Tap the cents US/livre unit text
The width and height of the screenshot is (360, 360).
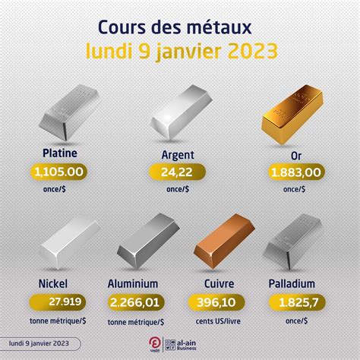(x=220, y=321)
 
